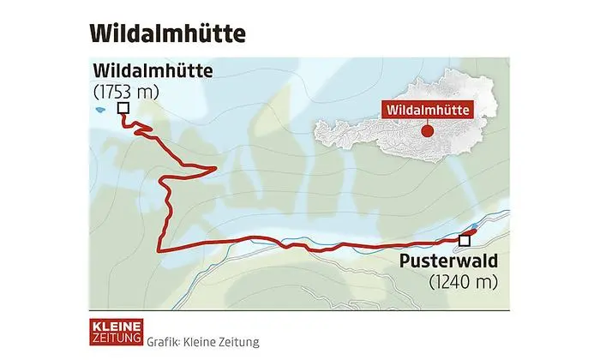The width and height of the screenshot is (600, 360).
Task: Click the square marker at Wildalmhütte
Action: pos(123,108)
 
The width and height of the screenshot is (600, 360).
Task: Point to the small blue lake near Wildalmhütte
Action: pos(100,110)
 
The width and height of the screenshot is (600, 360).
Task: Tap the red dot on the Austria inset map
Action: pos(427,131)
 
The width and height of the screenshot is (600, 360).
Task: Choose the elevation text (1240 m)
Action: pos(456,279)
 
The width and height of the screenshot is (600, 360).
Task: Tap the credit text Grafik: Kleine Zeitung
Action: pos(201,340)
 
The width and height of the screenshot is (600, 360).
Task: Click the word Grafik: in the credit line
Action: pos(163,340)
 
